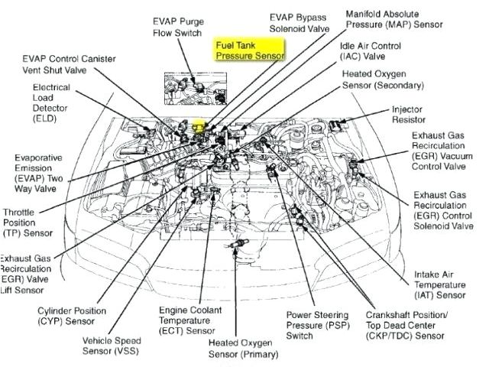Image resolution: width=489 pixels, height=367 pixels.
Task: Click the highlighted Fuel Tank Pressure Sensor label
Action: tap(249, 50)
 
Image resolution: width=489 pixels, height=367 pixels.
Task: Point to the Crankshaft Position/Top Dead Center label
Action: tap(406, 324)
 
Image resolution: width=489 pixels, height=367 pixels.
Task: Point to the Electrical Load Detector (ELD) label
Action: tap(52, 103)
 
